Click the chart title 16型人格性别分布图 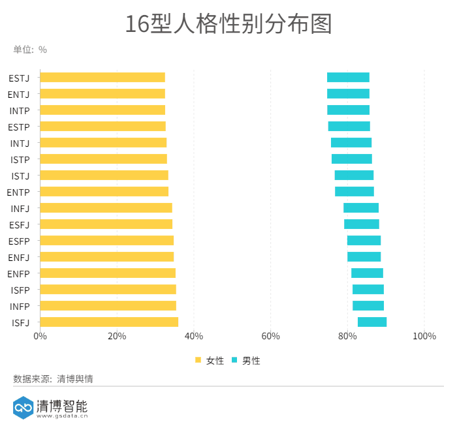point(228,23)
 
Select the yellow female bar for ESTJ point(102,78)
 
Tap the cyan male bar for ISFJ point(372,322)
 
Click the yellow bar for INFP point(108,306)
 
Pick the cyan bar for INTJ point(351,143)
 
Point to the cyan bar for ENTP point(355,192)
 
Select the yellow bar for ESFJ point(106,224)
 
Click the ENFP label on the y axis point(18,273)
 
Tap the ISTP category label point(20,159)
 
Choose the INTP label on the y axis point(19,110)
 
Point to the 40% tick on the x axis point(194,336)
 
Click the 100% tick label point(424,336)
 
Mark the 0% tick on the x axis point(40,336)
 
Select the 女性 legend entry point(210,360)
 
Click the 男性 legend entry point(246,360)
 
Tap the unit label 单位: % point(30,50)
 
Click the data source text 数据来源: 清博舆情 point(53,378)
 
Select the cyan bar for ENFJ point(364,257)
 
